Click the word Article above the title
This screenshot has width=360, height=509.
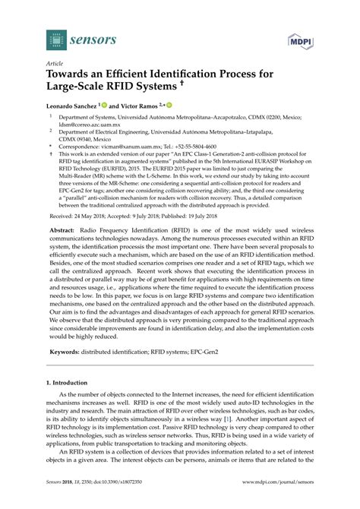click(x=55, y=65)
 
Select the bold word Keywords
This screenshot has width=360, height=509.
click(x=66, y=352)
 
